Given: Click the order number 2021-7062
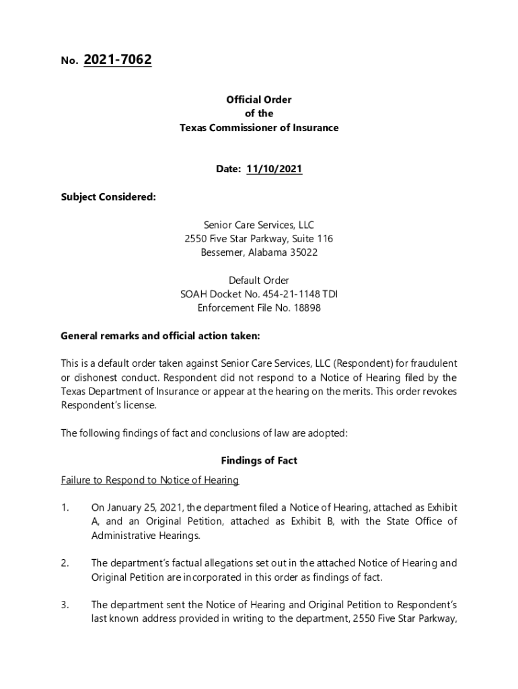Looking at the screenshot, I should pyautogui.click(x=118, y=61).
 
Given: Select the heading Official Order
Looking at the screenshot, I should pyautogui.click(x=259, y=100).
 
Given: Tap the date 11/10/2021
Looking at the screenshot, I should pyautogui.click(x=274, y=170).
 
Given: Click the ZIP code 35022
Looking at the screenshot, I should pyautogui.click(x=303, y=252).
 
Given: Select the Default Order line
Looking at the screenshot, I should pyautogui.click(x=259, y=280).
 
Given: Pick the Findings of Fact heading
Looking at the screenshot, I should pyautogui.click(x=259, y=461).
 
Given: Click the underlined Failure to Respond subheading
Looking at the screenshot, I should pyautogui.click(x=150, y=480).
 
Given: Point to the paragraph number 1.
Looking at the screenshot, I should pyautogui.click(x=65, y=507).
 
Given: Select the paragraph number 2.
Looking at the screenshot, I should pyautogui.click(x=65, y=563).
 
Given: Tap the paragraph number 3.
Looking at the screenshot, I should pyautogui.click(x=65, y=605).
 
